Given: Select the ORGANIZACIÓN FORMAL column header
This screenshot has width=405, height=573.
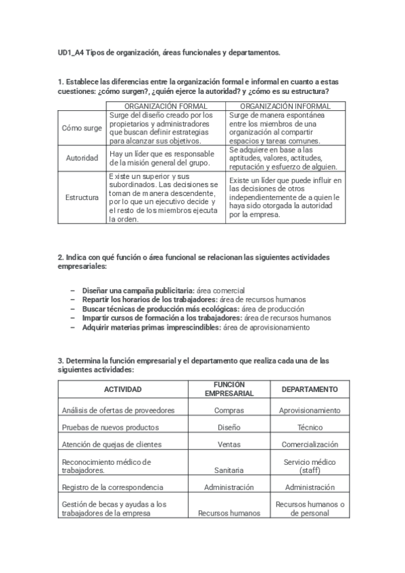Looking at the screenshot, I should click(x=166, y=106).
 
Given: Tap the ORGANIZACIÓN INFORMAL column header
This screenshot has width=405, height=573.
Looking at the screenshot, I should click(x=285, y=106).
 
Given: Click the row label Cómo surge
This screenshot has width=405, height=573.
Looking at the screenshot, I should click(x=82, y=128).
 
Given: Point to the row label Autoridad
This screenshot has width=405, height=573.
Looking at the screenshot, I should click(x=82, y=158).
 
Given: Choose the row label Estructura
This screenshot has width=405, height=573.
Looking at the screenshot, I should click(x=82, y=197).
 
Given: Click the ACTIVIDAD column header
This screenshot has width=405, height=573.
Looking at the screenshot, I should click(x=122, y=389).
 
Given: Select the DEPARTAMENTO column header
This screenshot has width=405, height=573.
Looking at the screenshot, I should click(x=310, y=389).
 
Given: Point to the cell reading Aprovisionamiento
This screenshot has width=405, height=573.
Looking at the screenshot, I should click(x=310, y=410).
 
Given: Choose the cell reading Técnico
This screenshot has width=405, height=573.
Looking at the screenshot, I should click(x=310, y=427).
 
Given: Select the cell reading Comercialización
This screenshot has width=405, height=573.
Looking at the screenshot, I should click(x=310, y=445).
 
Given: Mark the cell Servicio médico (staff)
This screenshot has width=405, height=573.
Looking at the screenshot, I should click(x=310, y=466).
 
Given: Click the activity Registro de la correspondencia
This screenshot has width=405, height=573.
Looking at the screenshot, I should click(x=112, y=487).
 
